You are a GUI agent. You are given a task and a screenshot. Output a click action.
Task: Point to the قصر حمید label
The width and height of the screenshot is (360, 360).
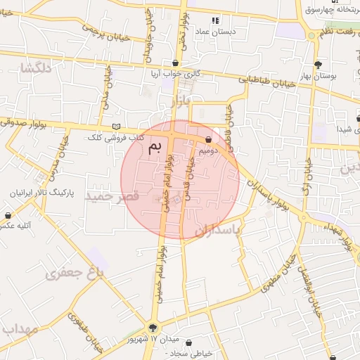(112, 196)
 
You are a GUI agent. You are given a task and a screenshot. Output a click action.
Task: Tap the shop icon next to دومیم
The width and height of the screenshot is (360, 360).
(209, 139)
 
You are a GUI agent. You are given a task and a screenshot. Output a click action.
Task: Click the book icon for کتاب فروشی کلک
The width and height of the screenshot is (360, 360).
(116, 127)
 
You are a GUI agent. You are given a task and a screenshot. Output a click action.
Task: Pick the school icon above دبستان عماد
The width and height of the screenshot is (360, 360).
(215, 21)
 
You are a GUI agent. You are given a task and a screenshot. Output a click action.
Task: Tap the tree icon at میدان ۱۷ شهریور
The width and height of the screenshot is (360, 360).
(155, 327)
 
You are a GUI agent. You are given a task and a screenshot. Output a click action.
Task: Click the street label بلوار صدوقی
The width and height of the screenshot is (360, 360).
(25, 122)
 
